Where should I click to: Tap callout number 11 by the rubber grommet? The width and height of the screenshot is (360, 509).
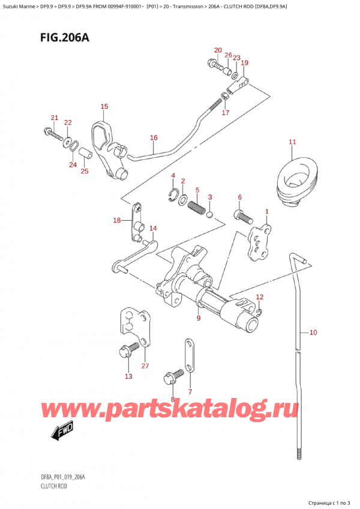pos(292,142)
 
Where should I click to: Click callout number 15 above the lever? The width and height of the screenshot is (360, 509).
pos(104,107)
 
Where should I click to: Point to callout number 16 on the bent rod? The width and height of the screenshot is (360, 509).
pos(154,138)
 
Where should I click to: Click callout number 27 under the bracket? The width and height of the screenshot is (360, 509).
pos(145,366)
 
